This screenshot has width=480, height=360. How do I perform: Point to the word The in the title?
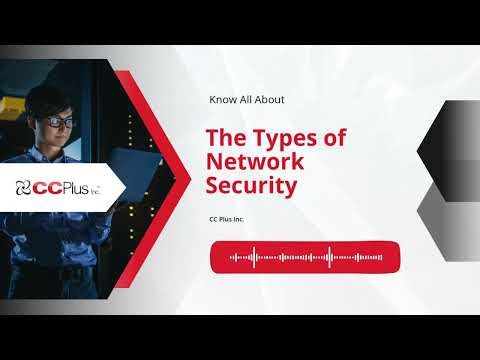(x=222, y=138)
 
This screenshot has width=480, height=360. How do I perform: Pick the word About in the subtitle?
(x=269, y=100)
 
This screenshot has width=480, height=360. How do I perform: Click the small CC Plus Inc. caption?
(x=227, y=219)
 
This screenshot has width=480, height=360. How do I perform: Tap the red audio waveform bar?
(x=305, y=257)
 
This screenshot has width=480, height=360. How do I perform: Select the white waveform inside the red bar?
(x=305, y=257)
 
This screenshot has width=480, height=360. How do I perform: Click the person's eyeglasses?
(x=59, y=121)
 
